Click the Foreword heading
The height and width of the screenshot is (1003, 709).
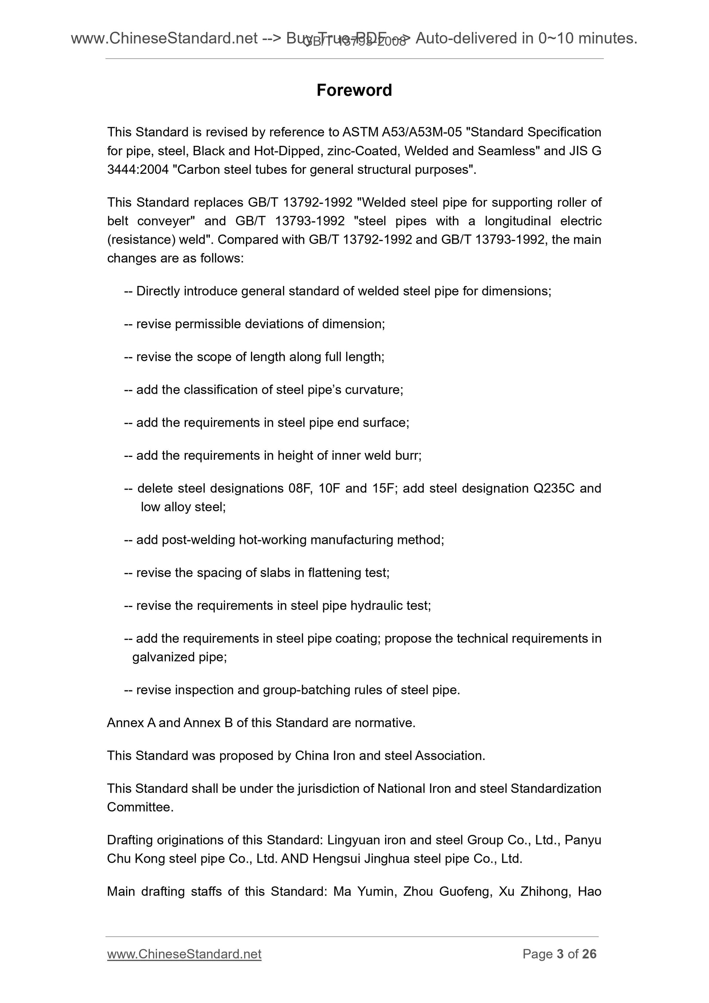pos(354,90)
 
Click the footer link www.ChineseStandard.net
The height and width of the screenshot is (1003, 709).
pos(184,954)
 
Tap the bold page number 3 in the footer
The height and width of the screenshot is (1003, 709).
pos(560,954)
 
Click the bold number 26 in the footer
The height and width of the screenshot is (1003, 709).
pos(589,954)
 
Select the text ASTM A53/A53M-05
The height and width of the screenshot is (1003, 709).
pos(402,132)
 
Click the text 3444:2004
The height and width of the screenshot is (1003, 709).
pos(138,169)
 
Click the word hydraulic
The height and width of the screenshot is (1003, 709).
pos(377,606)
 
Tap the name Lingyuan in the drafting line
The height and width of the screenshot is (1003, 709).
pos(354,840)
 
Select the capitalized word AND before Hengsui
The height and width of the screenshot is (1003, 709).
pos(295,859)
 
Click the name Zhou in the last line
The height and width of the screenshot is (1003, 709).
pos(418,892)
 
